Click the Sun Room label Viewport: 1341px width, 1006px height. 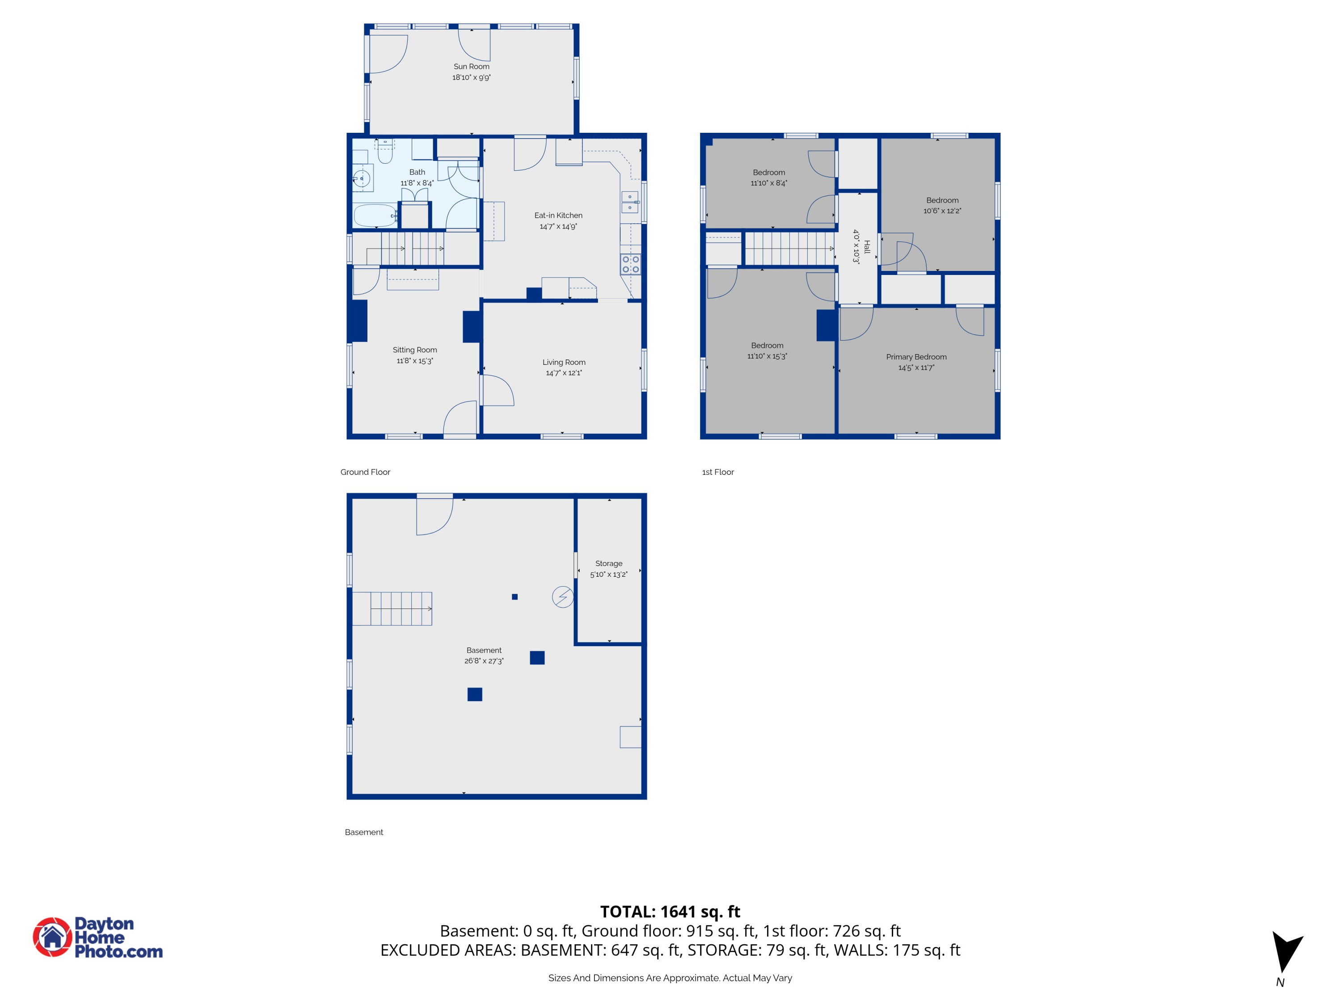(471, 67)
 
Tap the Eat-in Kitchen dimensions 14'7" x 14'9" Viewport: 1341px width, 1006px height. (558, 227)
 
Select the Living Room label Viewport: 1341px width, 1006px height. (564, 362)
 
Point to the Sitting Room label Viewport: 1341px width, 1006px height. (415, 350)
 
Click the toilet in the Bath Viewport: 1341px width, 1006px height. (384, 153)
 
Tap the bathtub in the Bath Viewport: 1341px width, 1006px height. (374, 215)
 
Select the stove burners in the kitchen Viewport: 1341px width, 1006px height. (630, 264)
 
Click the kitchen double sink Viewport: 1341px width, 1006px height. (629, 203)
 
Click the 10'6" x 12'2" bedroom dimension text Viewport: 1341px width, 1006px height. (942, 211)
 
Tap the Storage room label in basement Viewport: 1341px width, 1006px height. (609, 563)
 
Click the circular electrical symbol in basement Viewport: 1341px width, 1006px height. (563, 597)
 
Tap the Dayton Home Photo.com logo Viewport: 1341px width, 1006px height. (98, 938)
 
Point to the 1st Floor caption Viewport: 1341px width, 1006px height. (718, 472)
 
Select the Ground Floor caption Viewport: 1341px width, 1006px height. (365, 472)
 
